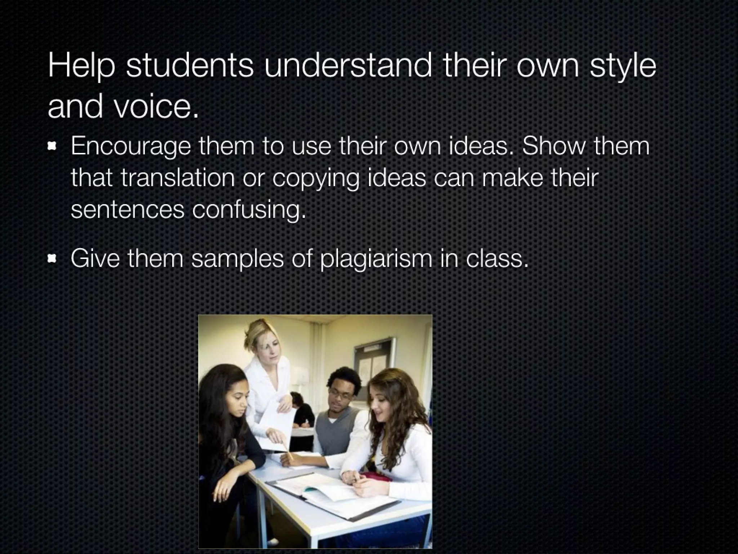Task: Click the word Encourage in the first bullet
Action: click(x=130, y=146)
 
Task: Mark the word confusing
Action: click(x=249, y=209)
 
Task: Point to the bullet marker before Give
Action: click(x=53, y=258)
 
